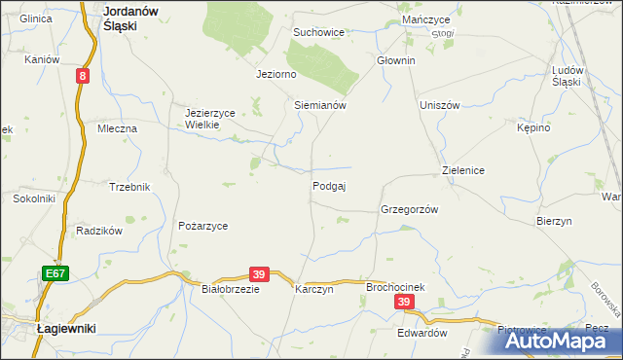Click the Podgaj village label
(330, 186)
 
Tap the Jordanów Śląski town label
(131, 18)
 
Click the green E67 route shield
(55, 275)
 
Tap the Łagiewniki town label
(65, 330)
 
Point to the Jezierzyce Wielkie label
(210, 119)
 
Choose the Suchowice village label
(319, 32)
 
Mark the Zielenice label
(463, 170)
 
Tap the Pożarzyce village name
(202, 226)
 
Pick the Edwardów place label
(421, 332)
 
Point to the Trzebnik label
(129, 187)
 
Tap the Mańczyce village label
(424, 19)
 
